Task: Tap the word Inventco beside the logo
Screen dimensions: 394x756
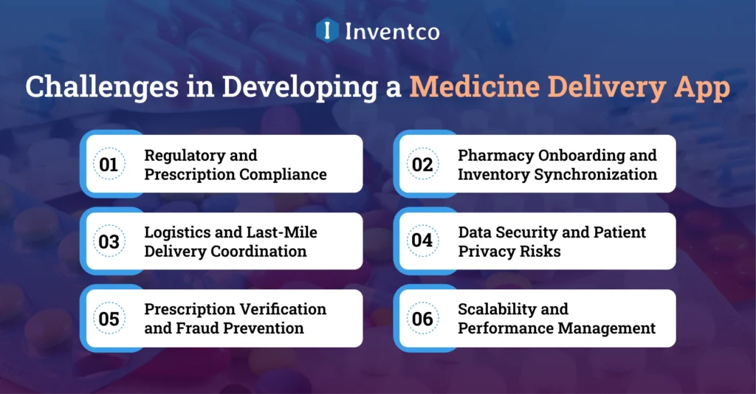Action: coord(391,31)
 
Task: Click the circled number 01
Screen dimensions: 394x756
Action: coord(109,165)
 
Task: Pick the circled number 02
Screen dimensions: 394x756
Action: coord(422,165)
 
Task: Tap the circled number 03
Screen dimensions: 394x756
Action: coord(109,241)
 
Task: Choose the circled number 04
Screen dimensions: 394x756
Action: coord(422,241)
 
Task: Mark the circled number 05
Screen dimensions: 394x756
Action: coord(109,319)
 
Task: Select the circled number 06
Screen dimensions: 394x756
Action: coord(422,319)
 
